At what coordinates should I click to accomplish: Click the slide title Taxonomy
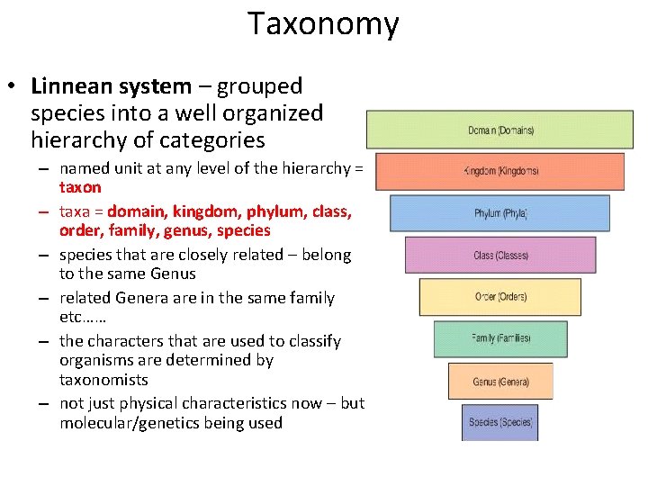coord(323,24)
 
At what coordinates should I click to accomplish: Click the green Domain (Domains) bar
coord(500,130)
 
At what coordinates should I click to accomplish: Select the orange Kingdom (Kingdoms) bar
coord(499,171)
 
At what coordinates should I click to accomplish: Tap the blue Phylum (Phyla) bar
coord(499,213)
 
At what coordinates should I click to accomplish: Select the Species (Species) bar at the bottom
coord(500,422)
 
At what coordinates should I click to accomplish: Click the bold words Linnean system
coord(111,86)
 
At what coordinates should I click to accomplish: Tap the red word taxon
coord(80,187)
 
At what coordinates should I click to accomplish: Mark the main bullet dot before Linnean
coord(14,87)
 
